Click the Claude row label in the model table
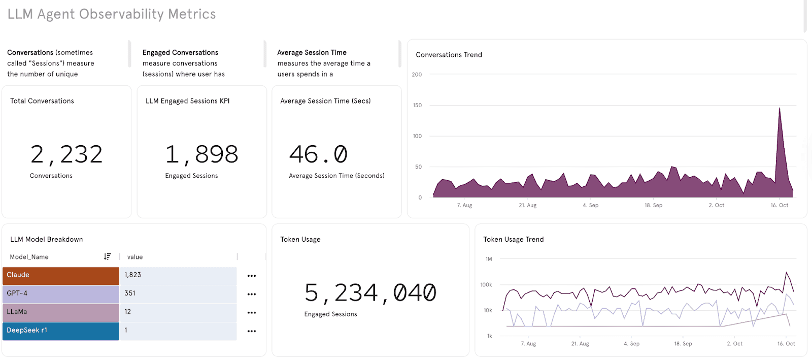pos(18,275)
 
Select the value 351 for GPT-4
pos(130,293)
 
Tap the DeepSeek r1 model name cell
pos(27,331)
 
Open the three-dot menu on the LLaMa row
pos(252,313)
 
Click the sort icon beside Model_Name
pos(107,257)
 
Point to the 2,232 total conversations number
pos(66,154)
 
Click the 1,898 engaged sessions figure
pos(201,154)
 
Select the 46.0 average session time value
pos(318,154)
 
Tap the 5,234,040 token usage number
pos(370,293)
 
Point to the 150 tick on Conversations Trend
pos(417,106)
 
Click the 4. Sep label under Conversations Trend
pos(590,206)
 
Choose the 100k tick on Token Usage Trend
pos(486,285)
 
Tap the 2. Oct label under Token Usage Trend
pos(734,344)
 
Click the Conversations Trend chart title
pos(449,55)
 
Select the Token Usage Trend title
pos(513,240)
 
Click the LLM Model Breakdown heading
pos(47,240)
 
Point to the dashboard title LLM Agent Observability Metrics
pos(112,14)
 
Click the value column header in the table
pos(135,257)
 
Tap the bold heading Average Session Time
pos(312,53)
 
